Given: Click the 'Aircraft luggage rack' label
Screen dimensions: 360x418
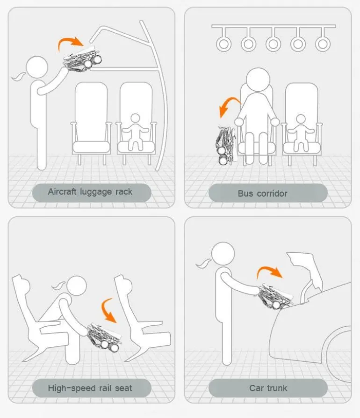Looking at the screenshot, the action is [90, 191].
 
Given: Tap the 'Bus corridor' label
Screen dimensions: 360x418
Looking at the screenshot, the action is [263, 193].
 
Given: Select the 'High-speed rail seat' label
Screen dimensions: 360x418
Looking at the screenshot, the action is [90, 388].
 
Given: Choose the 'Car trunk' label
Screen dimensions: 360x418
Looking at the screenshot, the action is [268, 388].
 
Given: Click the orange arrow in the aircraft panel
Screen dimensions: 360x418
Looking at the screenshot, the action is [70, 41].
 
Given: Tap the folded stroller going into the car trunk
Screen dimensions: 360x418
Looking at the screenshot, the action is [275, 296].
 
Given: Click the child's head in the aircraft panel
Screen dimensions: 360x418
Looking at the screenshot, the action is [135, 118].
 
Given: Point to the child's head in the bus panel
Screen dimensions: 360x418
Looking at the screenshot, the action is [301, 120].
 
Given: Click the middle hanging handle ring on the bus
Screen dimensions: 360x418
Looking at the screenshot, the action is [273, 44].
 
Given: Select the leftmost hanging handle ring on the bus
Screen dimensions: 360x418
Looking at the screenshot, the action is [223, 44].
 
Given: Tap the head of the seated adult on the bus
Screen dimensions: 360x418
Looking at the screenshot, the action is [258, 80].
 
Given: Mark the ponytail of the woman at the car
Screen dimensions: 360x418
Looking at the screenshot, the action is [204, 264].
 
